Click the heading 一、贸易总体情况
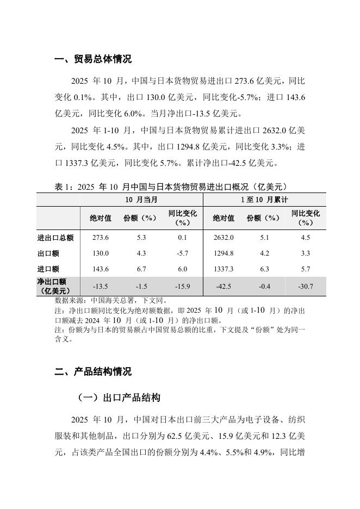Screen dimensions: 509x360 [x=93, y=59]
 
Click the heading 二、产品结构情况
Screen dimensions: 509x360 [x=93, y=372]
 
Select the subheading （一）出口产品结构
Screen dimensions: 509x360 [x=119, y=398]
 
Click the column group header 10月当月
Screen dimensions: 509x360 [x=141, y=200]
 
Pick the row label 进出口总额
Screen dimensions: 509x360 [x=55, y=238]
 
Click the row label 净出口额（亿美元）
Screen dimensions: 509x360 [x=52, y=286]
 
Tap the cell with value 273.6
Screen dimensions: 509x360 [x=101, y=238]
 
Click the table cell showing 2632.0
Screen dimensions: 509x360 [x=224, y=238]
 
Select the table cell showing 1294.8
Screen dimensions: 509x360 [x=224, y=253]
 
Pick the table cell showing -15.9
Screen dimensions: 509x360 [x=182, y=286]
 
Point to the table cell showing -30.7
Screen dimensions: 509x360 [x=305, y=286]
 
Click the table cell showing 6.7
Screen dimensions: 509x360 [x=140, y=269]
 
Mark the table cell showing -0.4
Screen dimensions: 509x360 [x=263, y=286]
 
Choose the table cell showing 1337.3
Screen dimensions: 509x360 [x=224, y=269]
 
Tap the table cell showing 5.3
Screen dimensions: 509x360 [x=140, y=238]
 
